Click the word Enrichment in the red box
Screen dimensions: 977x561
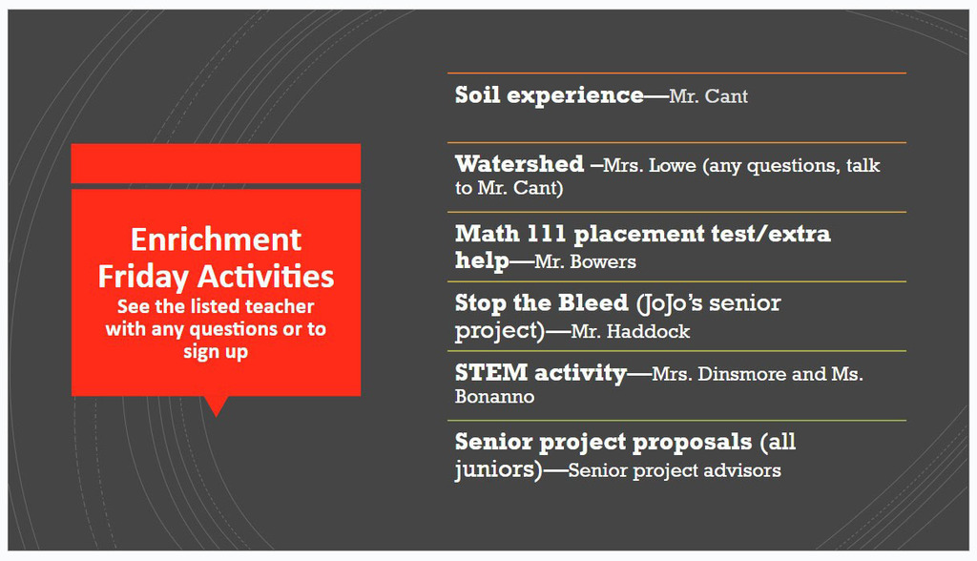point(216,239)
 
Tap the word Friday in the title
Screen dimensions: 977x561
point(143,277)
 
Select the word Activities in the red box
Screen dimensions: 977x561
point(266,276)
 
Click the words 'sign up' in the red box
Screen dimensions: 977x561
point(216,352)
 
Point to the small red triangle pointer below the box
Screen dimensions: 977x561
point(217,405)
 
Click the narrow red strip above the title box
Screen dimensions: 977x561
point(216,163)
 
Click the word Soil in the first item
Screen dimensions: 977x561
point(477,95)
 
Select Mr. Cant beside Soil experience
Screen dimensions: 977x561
point(709,96)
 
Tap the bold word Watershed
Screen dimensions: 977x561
point(520,164)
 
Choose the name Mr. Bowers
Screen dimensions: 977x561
point(585,261)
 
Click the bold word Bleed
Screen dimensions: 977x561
point(593,303)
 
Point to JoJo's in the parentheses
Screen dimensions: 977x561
point(673,303)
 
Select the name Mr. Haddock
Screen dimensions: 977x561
point(631,332)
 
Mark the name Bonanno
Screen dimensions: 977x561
point(495,397)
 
